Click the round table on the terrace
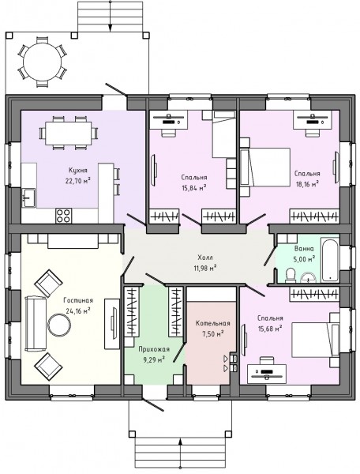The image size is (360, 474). [43, 62]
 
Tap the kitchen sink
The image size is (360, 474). [28, 198]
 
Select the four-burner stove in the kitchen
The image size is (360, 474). [64, 216]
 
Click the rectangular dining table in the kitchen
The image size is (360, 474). [68, 133]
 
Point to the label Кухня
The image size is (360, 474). [78, 170]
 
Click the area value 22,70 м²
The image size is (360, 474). [78, 181]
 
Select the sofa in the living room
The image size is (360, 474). [36, 324]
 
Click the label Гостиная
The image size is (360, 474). [78, 300]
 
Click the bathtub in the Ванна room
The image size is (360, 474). [329, 260]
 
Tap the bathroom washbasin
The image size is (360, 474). [308, 277]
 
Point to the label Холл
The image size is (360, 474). [205, 258]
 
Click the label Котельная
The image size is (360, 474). [212, 323]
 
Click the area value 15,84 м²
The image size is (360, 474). [194, 188]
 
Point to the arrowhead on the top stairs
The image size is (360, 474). [111, 27]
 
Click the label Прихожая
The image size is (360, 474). [154, 349]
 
